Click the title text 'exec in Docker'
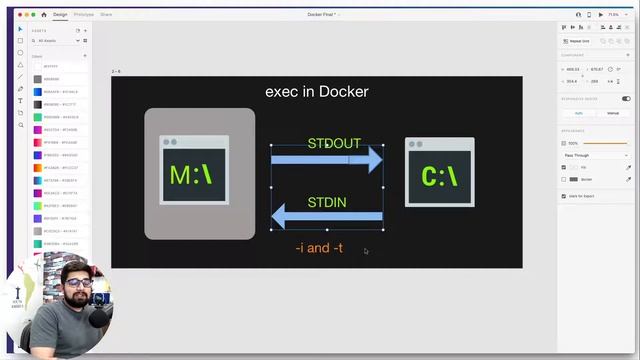click(x=316, y=91)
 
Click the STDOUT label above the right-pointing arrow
click(x=333, y=143)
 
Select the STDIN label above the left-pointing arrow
click(x=327, y=202)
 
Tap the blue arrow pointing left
click(x=327, y=216)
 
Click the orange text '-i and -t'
click(x=319, y=247)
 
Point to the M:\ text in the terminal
click(x=191, y=175)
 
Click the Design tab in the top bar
click(x=60, y=15)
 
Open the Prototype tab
click(x=83, y=15)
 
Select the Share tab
click(x=106, y=15)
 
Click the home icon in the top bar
click(x=44, y=15)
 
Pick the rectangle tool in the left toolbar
click(x=20, y=40)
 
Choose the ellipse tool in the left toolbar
click(x=20, y=52)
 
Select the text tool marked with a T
click(x=20, y=100)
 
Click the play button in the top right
click(x=600, y=15)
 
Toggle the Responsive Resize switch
click(x=626, y=99)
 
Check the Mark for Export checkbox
click(x=564, y=196)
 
